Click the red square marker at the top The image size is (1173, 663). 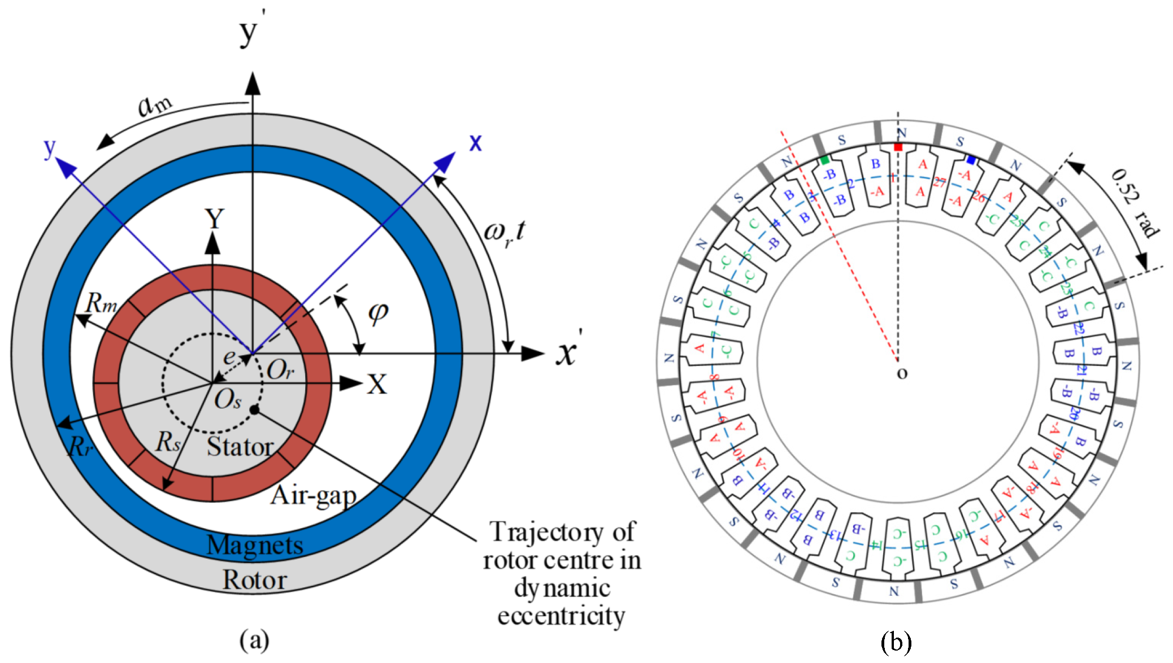tap(898, 147)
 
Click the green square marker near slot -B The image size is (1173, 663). tap(825, 160)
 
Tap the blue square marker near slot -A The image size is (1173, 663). tap(971, 160)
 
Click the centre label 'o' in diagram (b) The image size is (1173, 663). tap(902, 373)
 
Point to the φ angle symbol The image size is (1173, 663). tap(378, 312)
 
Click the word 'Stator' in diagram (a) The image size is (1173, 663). tap(240, 447)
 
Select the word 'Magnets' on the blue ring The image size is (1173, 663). tap(255, 546)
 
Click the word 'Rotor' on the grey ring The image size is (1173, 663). tap(254, 580)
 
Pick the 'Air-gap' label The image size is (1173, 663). tap(314, 496)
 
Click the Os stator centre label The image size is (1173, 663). tap(228, 400)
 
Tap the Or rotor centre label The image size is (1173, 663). tap(280, 370)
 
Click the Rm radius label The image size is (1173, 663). tap(101, 303)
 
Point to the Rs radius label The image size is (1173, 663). tap(168, 442)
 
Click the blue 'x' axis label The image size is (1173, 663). tap(476, 142)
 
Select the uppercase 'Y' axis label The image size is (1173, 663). tap(214, 219)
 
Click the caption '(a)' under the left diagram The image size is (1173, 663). tap(254, 640)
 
